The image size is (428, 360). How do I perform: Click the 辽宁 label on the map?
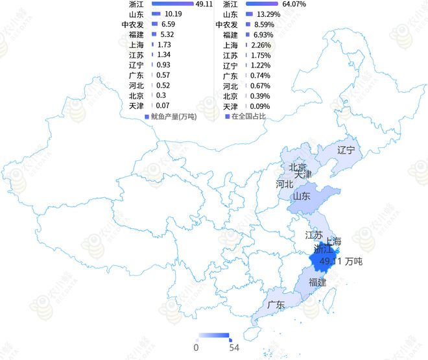[x=346, y=150]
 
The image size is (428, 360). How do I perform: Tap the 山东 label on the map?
[x=302, y=196]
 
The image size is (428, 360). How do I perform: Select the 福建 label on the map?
[x=318, y=282]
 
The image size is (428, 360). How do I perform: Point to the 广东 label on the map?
[x=276, y=304]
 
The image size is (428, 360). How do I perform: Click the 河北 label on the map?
[x=285, y=184]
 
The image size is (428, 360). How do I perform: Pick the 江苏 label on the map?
[x=314, y=235]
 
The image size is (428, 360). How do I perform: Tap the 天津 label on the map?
[x=303, y=174]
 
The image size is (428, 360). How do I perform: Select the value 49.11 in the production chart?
[x=204, y=4]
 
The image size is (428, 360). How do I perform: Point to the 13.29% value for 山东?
[x=268, y=14]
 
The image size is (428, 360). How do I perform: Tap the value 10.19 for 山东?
[x=173, y=14]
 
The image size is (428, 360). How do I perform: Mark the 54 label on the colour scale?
[x=235, y=348]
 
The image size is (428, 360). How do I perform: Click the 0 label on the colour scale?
[x=196, y=348]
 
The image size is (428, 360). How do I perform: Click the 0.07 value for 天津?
[x=163, y=106]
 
